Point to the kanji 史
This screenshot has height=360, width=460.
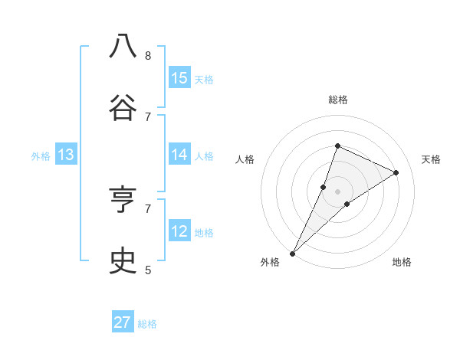(123, 260)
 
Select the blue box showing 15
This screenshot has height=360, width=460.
(179, 78)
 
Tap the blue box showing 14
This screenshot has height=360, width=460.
(179, 155)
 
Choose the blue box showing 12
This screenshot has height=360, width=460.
(179, 231)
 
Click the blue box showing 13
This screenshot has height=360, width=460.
(66, 155)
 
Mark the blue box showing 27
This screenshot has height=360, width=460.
(123, 322)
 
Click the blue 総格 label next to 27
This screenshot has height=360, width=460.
(147, 324)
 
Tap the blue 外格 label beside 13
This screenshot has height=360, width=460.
(41, 156)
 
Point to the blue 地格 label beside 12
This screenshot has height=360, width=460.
(204, 233)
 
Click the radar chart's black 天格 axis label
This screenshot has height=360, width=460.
(431, 159)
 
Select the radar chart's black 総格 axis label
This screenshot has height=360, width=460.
(337, 100)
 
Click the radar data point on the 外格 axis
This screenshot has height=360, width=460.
(292, 253)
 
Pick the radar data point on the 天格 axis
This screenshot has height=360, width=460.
(396, 173)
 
